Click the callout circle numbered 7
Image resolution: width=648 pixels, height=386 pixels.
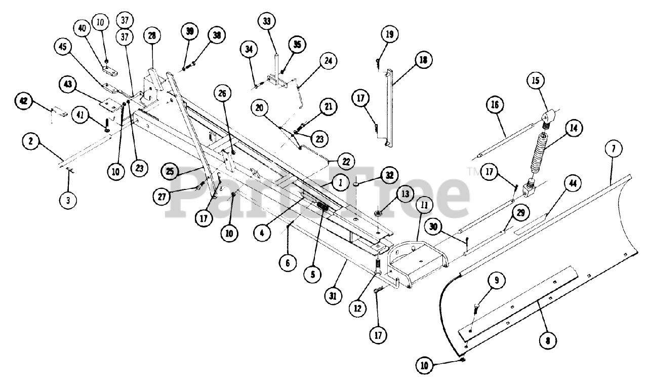click(x=613, y=150)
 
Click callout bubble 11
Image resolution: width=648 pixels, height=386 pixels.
click(x=423, y=206)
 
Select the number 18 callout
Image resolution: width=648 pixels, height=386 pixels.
click(x=422, y=59)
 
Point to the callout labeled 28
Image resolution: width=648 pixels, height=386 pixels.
click(x=151, y=36)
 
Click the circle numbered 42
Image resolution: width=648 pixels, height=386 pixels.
click(x=23, y=101)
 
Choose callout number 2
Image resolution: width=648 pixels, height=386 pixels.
click(x=30, y=142)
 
